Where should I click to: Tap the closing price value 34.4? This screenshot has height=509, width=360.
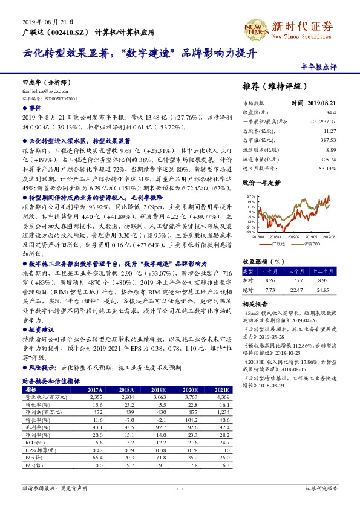(330, 112)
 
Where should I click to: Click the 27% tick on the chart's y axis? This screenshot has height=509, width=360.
(250, 197)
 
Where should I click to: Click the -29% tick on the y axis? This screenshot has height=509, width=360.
(250, 232)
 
